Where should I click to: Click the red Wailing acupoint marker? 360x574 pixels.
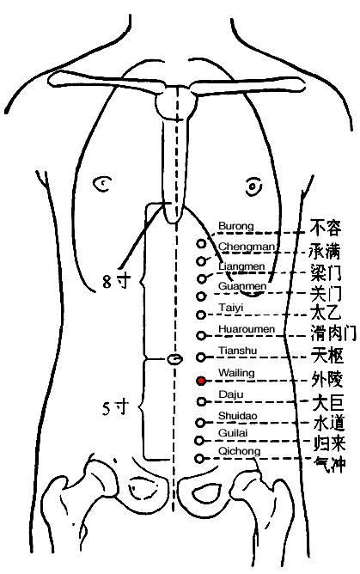[201, 381]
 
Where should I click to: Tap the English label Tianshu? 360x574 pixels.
[237, 351]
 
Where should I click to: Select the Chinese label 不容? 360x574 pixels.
[326, 228]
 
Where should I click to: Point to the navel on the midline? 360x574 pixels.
[174, 359]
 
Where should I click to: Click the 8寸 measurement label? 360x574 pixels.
[116, 281]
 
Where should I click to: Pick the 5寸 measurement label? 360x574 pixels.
[116, 408]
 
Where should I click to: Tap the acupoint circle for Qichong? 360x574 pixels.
[199, 458]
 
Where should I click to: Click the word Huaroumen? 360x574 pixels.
[247, 329]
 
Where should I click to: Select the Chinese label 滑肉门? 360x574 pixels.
[333, 333]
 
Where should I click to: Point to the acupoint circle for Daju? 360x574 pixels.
[201, 401]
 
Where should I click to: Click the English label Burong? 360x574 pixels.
[236, 226]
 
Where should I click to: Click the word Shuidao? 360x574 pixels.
[237, 416]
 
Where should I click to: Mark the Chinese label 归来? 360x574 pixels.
[329, 443]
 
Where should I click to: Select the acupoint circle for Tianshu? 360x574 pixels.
[201, 357]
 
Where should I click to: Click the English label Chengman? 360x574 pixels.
[246, 247]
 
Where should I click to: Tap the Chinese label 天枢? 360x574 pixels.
[327, 355]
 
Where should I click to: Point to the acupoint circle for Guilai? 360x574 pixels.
[199, 441]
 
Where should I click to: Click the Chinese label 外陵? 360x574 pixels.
[327, 379]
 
